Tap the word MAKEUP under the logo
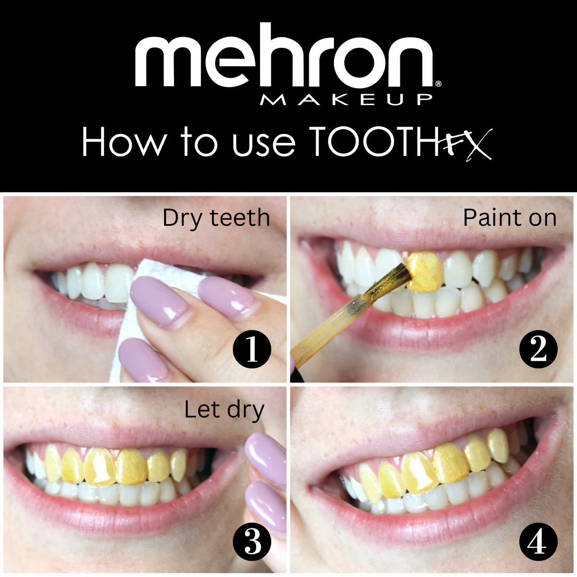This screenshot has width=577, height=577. coord(346,100)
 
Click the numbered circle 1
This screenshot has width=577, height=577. coord(252,350)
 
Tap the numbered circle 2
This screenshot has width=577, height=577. coord(538,349)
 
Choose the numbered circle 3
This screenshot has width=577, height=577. coord(252,541)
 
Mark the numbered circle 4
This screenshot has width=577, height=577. coord(538,541)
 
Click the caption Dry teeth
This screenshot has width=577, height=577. coord(216,218)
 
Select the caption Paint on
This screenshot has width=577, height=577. coord(510,218)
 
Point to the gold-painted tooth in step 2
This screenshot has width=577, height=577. coord(426,271)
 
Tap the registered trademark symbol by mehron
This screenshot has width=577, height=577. coord(438,84)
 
